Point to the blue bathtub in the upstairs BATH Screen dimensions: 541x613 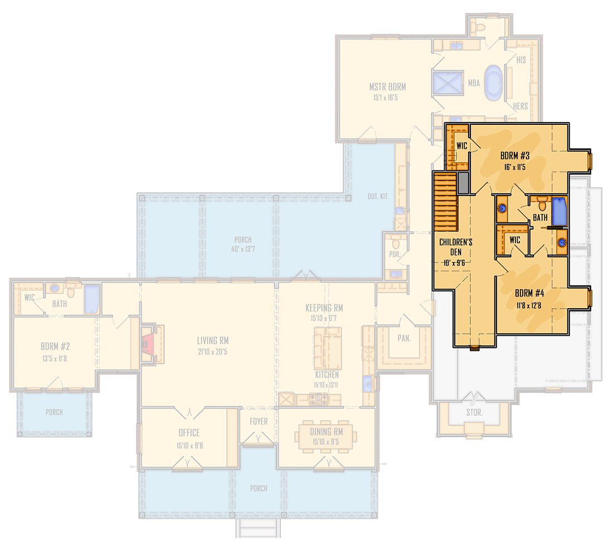[x=559, y=212]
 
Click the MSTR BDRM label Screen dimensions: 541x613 [x=387, y=87]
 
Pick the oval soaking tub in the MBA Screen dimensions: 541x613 [x=494, y=83]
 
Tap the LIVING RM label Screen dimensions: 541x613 [x=212, y=341]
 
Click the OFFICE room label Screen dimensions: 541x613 [x=189, y=433]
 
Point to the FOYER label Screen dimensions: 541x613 [x=259, y=422]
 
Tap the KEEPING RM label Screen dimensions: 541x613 [x=324, y=308]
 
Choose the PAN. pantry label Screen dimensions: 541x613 [x=404, y=338]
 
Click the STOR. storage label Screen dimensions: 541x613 [x=474, y=413]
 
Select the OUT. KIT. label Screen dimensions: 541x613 [x=378, y=197]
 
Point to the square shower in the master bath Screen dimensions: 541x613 [x=449, y=84]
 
